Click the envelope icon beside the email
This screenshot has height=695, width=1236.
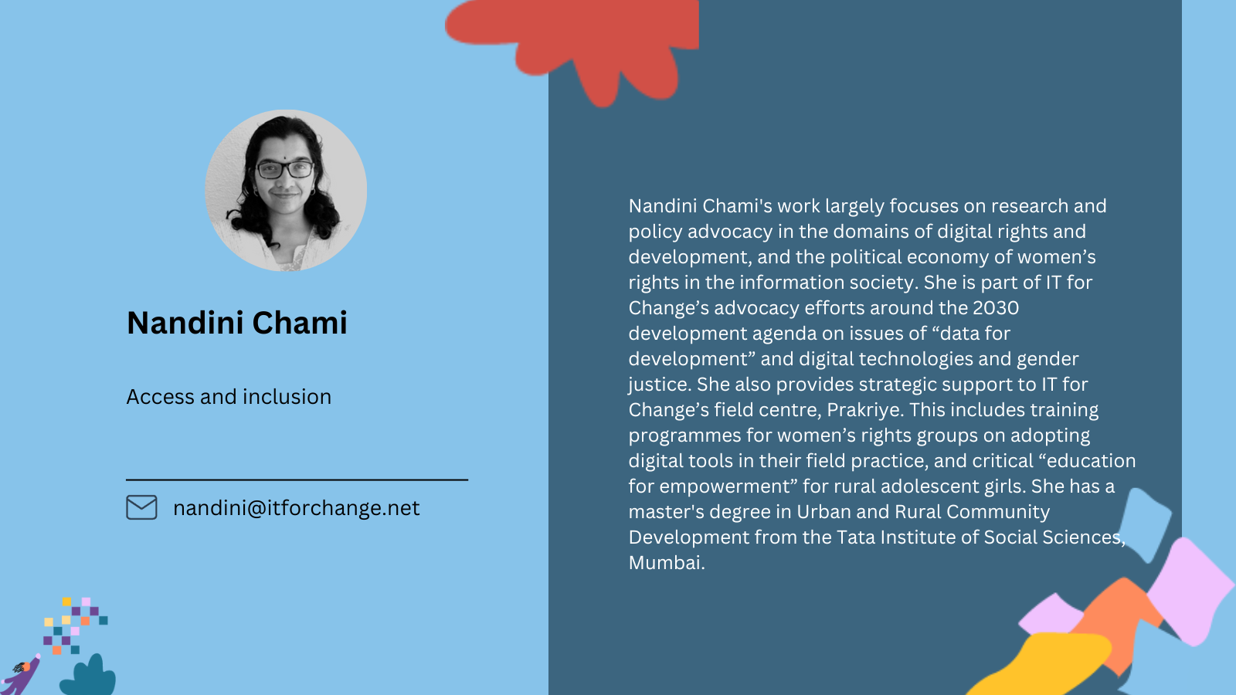141,507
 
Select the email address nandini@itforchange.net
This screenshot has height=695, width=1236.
297,508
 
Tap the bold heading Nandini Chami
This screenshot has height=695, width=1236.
236,323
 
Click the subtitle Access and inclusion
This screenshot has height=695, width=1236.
229,397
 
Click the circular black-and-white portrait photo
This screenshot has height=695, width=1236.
286,190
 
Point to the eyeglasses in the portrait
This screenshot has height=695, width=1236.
285,170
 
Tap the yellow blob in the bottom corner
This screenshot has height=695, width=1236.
1043,665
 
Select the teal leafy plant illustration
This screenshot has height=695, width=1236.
88,676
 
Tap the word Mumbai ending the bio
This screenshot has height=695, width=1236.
667,563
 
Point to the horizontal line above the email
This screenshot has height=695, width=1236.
297,480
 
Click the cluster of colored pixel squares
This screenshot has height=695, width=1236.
76,625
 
